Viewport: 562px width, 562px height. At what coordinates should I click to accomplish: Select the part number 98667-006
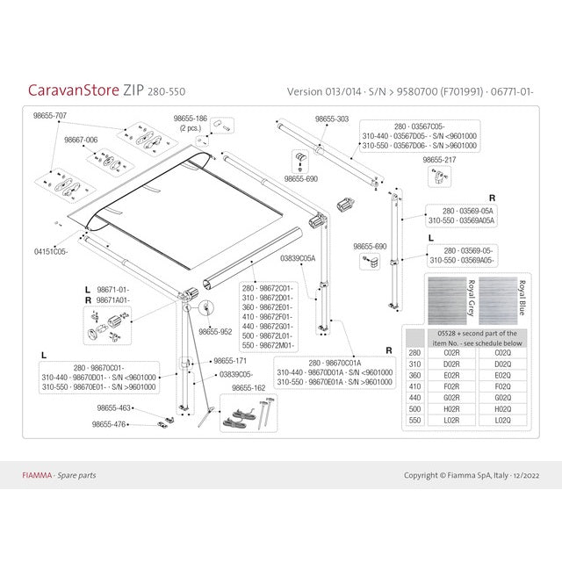tap(79, 140)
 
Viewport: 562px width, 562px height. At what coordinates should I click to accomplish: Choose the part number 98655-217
tap(439, 161)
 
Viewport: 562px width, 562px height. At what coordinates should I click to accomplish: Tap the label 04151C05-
tap(52, 251)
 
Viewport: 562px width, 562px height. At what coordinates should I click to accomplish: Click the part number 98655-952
tap(215, 332)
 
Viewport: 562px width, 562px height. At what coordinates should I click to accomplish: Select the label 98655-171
tap(229, 362)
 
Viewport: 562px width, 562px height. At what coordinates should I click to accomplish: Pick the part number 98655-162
tap(249, 386)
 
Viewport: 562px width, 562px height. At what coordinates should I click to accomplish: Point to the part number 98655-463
tap(113, 407)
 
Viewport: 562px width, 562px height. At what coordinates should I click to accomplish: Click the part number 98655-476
tap(110, 424)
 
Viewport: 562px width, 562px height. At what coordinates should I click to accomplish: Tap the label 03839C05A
tap(298, 258)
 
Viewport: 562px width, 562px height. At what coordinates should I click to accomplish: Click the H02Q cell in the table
tap(503, 408)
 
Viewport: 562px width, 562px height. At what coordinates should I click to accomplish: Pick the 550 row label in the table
tap(414, 421)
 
